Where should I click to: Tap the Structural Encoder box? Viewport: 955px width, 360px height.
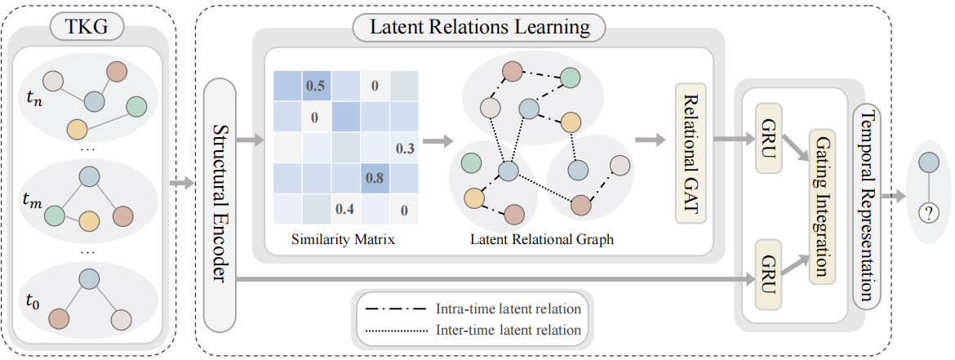[x=220, y=202]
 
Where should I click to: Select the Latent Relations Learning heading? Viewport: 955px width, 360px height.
[x=479, y=28]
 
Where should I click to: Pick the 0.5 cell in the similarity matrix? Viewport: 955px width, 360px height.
[x=315, y=85]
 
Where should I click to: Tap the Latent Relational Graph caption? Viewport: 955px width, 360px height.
[x=542, y=239]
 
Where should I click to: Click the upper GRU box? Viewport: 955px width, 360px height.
[x=768, y=138]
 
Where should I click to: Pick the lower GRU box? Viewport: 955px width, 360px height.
[x=768, y=275]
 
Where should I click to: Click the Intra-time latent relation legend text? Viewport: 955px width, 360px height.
[x=509, y=309]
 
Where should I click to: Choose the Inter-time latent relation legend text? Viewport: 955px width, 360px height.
[x=509, y=331]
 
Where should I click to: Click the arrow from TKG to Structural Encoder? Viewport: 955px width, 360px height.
[x=183, y=182]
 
